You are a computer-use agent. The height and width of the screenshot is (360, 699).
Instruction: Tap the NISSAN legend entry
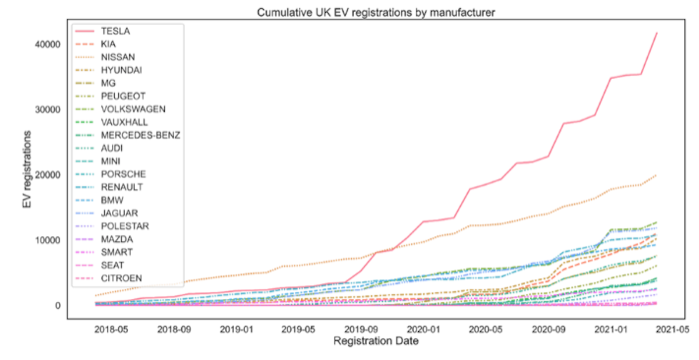pyautogui.click(x=118, y=57)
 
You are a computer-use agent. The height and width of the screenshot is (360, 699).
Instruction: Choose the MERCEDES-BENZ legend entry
pyautogui.click(x=140, y=135)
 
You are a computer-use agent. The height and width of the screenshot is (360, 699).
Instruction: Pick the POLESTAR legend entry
pyautogui.click(x=123, y=226)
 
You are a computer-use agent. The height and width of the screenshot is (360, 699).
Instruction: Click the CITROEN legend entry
pyautogui.click(x=121, y=278)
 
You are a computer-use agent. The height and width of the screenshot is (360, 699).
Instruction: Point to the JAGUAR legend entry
pyautogui.click(x=119, y=213)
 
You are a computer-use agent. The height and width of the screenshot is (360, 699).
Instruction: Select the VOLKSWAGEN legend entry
pyautogui.click(x=133, y=109)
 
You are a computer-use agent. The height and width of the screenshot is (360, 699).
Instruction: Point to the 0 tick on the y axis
pyautogui.click(x=58, y=305)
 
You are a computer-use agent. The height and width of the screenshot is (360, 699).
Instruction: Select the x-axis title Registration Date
pyautogui.click(x=376, y=341)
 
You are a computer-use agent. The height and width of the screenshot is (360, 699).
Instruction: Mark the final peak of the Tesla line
pyautogui.click(x=657, y=33)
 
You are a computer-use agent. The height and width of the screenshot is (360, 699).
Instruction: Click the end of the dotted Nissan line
pyautogui.click(x=657, y=174)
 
